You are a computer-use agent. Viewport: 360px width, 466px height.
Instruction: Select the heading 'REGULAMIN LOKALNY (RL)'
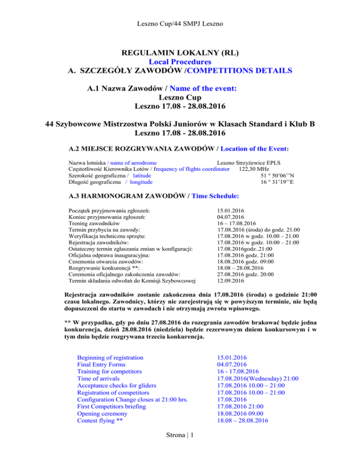coord(180,52)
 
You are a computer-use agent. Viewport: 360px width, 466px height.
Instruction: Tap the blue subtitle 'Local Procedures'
coord(180,61)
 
